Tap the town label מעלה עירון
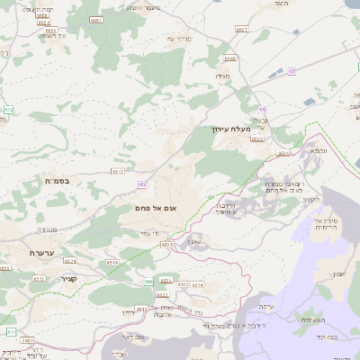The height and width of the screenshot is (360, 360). tap(225, 130)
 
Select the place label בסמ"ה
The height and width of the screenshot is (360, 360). tap(63, 181)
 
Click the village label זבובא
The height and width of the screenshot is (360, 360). tap(319, 150)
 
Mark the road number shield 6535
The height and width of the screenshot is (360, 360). tap(167, 244)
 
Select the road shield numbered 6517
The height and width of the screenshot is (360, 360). tap(118, 171)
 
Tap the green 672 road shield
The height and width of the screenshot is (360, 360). tap(9, 110)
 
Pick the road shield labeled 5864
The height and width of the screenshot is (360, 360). tap(29, 341)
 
